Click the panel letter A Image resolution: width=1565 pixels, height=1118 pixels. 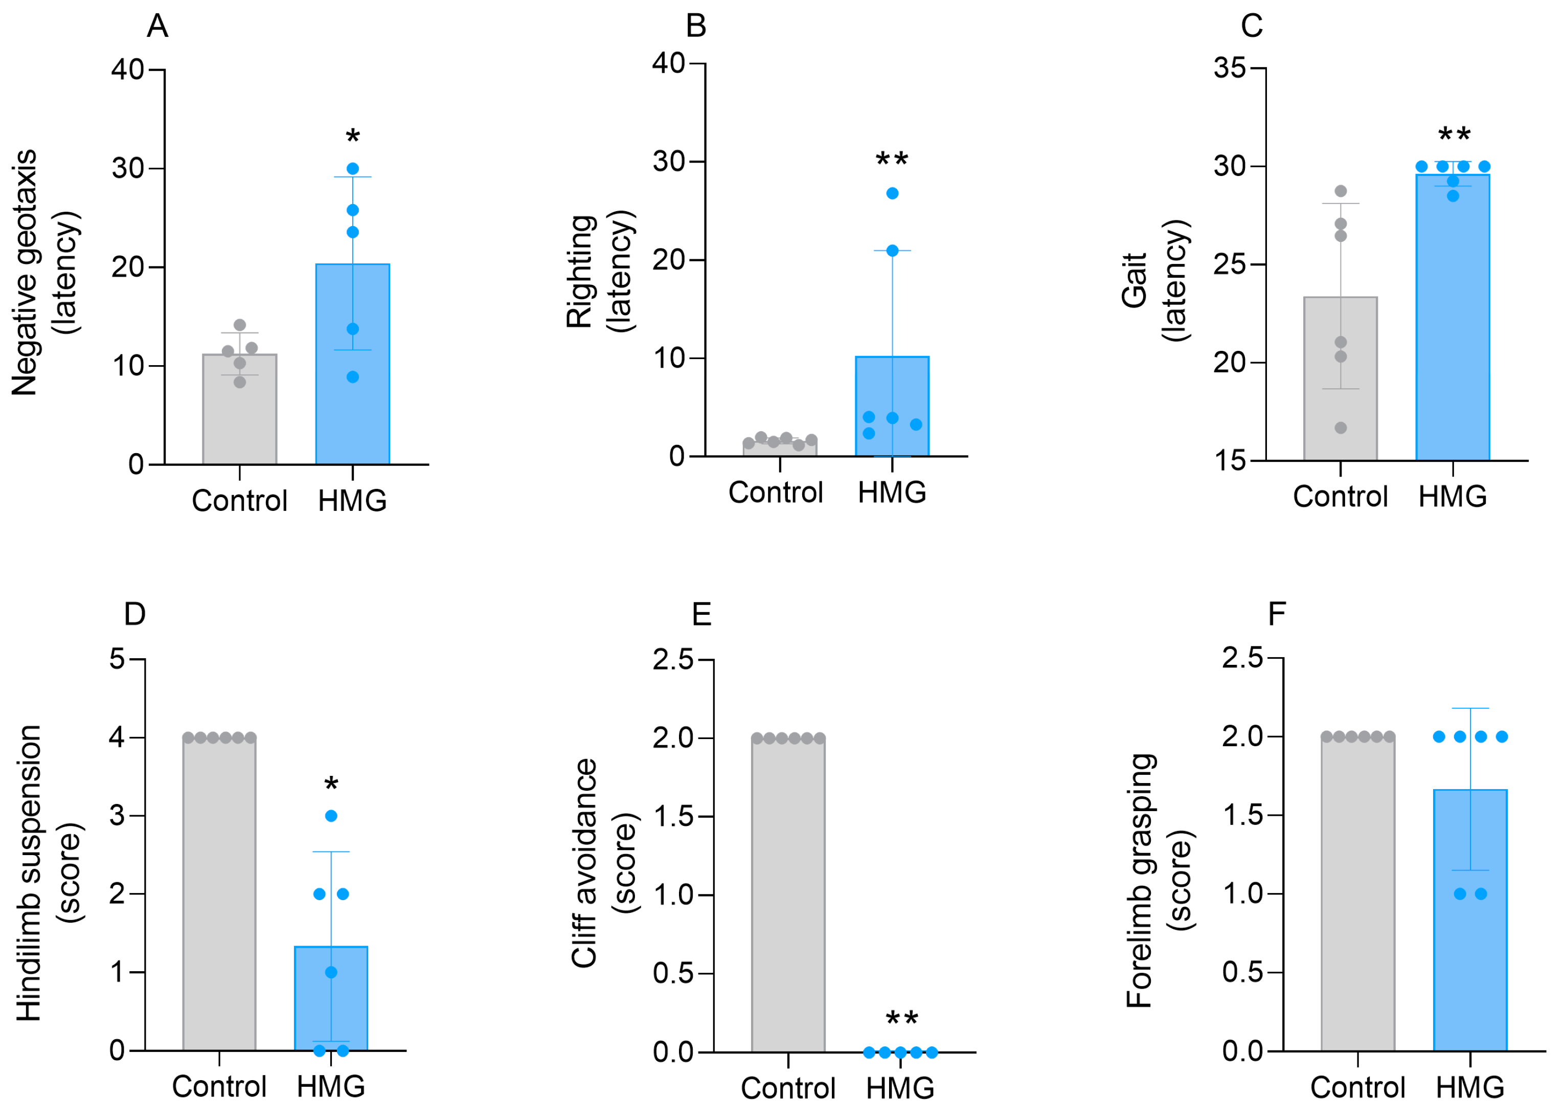[x=157, y=26]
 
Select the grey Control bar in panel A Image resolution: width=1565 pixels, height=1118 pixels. [x=239, y=413]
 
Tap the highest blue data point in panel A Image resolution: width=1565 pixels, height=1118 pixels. [x=352, y=169]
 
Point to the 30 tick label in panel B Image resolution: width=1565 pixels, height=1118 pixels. [x=668, y=162]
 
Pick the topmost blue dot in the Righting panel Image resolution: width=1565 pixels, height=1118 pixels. [x=892, y=193]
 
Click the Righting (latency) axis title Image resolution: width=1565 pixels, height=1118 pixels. [x=599, y=272]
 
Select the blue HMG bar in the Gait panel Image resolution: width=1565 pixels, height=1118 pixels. [x=1452, y=324]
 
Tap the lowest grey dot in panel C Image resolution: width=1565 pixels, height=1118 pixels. [x=1341, y=428]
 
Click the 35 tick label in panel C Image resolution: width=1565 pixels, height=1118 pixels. [x=1229, y=68]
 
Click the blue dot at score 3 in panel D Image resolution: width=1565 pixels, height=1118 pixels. [x=331, y=816]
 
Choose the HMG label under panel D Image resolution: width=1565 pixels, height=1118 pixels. [x=331, y=1086]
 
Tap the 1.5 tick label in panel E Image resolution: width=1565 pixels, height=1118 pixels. [x=672, y=816]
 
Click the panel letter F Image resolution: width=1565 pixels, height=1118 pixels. [x=1277, y=613]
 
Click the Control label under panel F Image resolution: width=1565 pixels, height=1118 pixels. [x=1357, y=1087]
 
